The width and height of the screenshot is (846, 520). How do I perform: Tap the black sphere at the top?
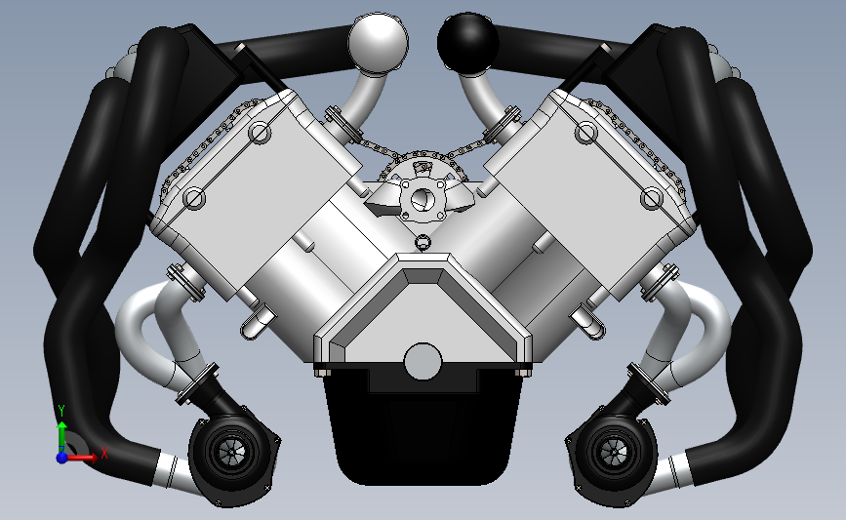[468, 40]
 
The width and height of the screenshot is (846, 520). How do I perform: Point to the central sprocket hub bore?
[423, 199]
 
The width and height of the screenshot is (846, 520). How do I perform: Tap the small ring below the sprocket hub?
[423, 242]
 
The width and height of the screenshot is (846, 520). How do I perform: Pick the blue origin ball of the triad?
[62, 457]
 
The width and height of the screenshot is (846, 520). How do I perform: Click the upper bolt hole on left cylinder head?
[260, 133]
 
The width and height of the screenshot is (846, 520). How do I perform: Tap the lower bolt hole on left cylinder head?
[194, 199]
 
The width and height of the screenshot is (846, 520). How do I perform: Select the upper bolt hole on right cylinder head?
[585, 132]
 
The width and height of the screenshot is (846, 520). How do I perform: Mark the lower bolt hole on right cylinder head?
[651, 199]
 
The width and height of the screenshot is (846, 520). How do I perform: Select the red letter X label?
[103, 452]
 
